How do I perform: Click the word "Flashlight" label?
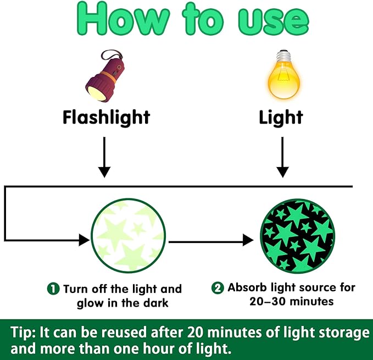coord(107,117)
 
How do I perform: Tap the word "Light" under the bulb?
coord(281,117)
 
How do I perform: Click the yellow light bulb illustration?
coord(284,75)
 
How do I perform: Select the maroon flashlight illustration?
coord(105,76)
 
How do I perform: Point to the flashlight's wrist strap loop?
coord(112,55)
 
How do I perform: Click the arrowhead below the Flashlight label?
coord(104,172)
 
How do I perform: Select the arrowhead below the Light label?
coord(282,172)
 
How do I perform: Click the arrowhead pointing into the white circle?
coord(84,240)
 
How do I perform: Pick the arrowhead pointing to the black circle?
coord(248,240)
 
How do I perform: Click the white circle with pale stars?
coord(129,236)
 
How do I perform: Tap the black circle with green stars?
coord(298,236)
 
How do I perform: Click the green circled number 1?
coord(53,289)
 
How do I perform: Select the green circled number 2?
coord(218,287)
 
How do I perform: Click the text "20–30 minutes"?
coord(291,302)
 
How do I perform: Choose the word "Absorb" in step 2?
coord(247,287)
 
